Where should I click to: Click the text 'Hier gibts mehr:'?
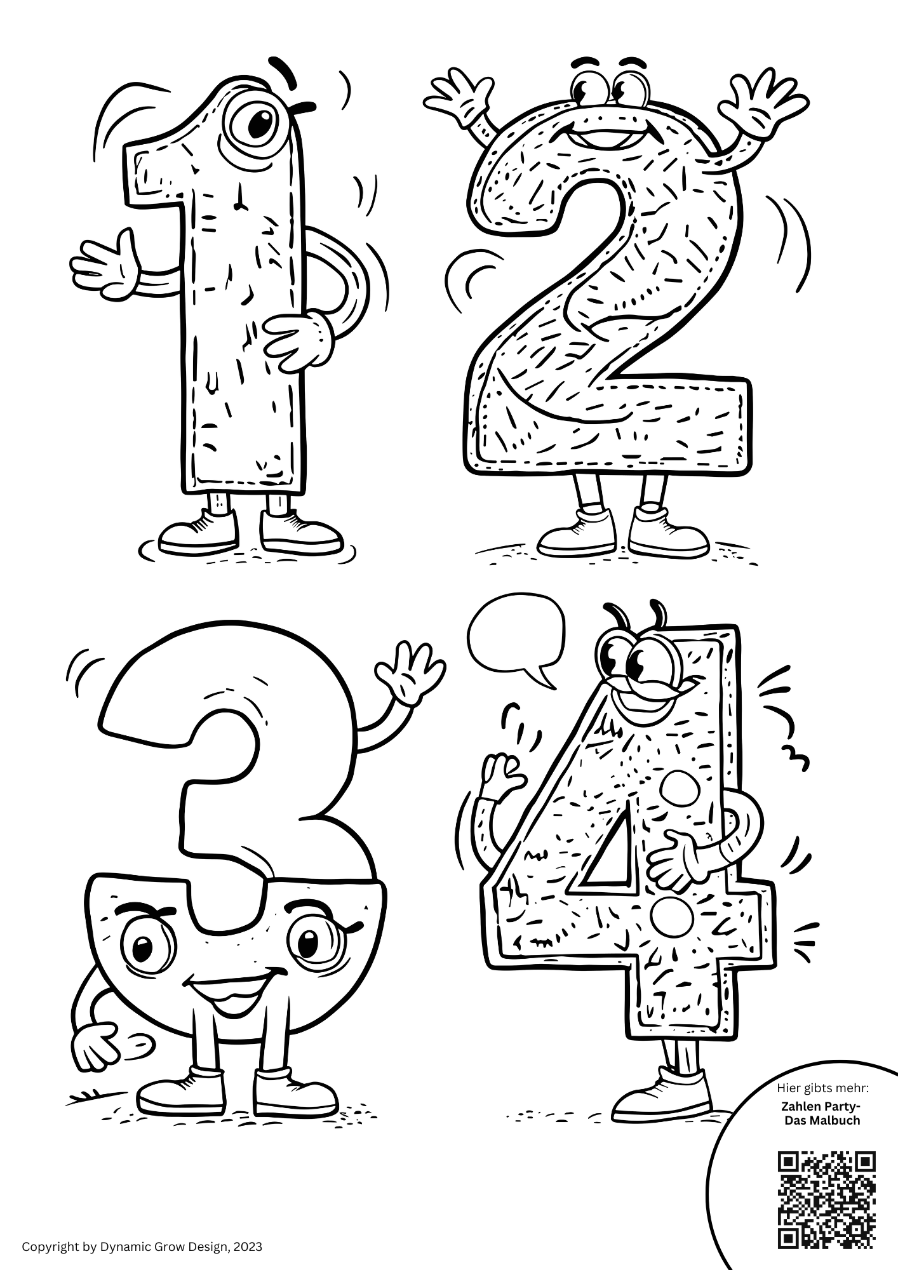coord(822,1088)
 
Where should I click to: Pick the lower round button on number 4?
coord(669,916)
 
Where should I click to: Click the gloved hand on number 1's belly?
coord(298,338)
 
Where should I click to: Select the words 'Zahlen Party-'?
coord(822,1105)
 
